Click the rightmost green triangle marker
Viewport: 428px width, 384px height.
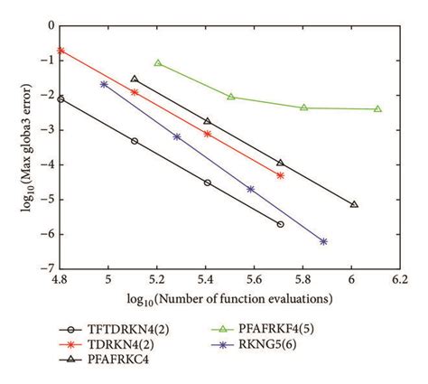(x=377, y=108)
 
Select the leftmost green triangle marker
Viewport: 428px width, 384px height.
(x=158, y=63)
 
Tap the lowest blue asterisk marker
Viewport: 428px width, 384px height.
(x=323, y=241)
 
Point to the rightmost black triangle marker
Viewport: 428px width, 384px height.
(x=354, y=204)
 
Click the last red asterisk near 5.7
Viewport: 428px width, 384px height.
(x=280, y=175)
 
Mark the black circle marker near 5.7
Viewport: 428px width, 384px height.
(x=280, y=224)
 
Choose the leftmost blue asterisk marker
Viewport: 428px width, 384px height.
(x=104, y=84)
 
